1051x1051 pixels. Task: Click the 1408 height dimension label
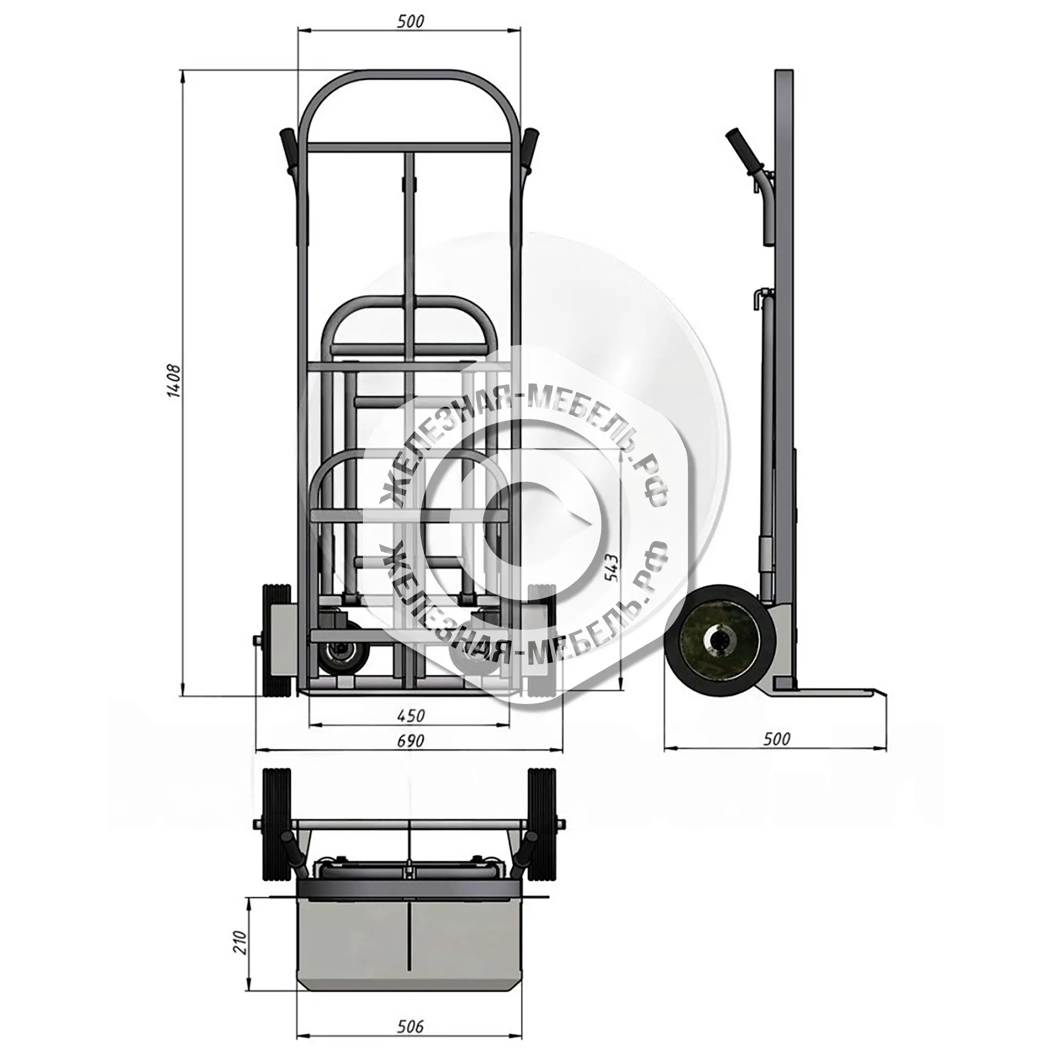(174, 381)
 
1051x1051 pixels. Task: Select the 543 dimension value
(612, 568)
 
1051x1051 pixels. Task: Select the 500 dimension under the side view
(776, 739)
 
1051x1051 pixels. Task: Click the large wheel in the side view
(721, 641)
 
